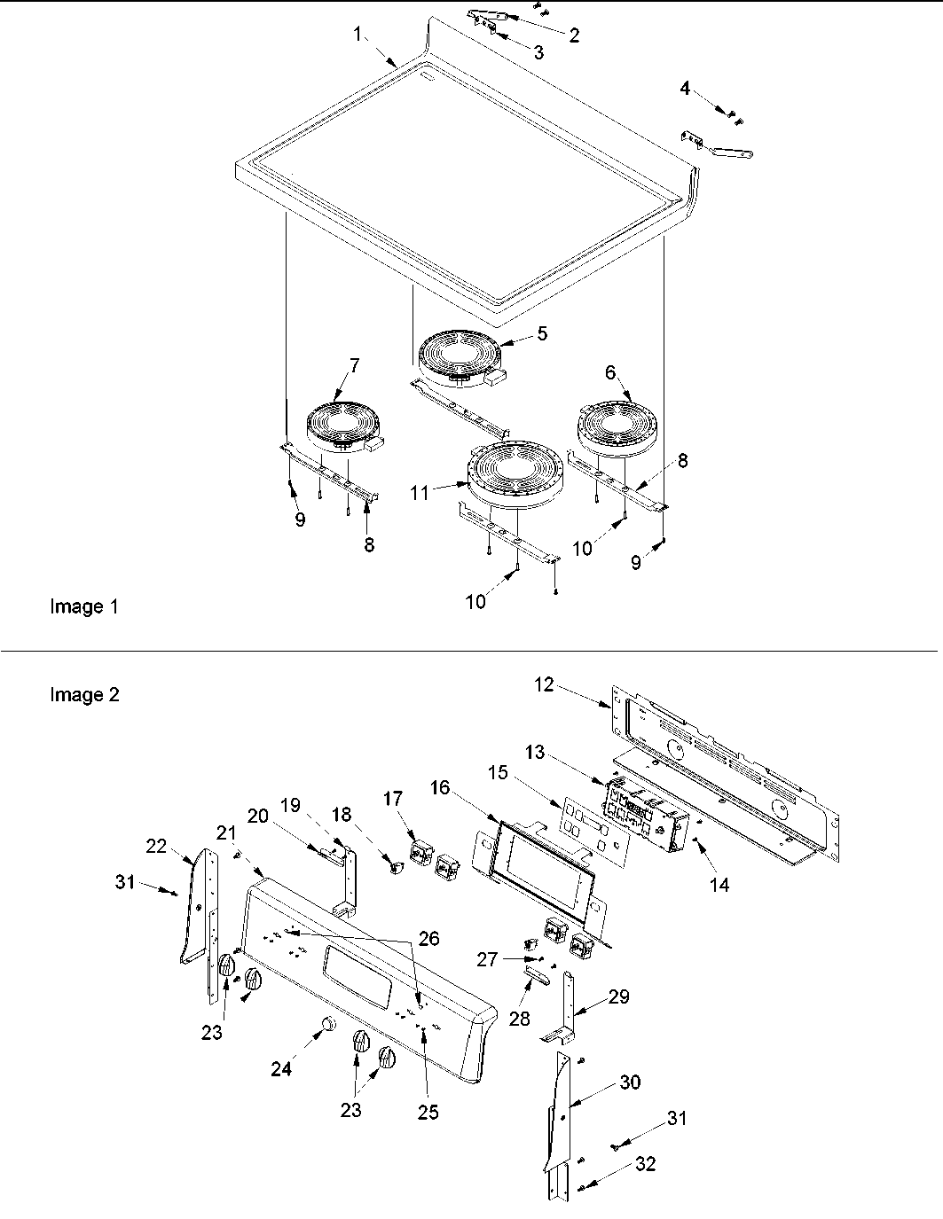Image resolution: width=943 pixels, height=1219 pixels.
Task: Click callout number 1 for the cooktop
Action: [358, 35]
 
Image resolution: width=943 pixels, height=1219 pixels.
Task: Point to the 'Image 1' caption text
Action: [83, 607]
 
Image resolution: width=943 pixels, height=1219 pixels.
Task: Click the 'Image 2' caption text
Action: [83, 695]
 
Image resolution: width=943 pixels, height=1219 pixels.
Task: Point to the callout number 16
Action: [440, 787]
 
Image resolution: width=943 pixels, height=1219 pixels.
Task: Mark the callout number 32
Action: [646, 1164]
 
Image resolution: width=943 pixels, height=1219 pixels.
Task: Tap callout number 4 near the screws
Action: [685, 89]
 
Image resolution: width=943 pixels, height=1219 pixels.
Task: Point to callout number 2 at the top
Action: [574, 35]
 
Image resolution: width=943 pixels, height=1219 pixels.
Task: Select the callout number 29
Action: [618, 996]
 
